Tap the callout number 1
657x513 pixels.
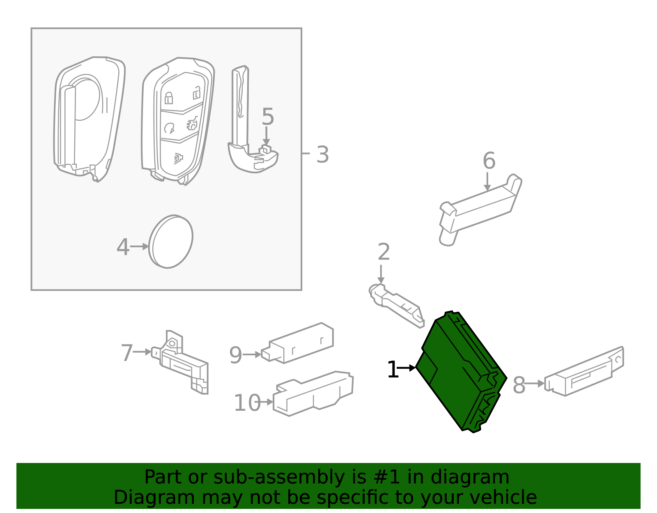click(x=393, y=370)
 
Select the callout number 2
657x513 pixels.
click(x=384, y=252)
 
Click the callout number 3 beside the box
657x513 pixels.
click(x=323, y=155)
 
